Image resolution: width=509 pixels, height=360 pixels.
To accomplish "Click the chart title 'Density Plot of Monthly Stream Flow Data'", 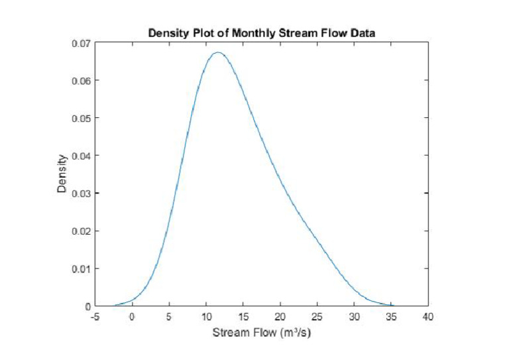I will pyautogui.click(x=261, y=32).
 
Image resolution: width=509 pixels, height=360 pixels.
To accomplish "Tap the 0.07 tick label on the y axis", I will pyautogui.click(x=82, y=43).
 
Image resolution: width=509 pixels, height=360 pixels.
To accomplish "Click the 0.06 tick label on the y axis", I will pyautogui.click(x=82, y=81).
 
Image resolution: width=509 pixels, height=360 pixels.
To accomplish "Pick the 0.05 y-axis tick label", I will pyautogui.click(x=82, y=118).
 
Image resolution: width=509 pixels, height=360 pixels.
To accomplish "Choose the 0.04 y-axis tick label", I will pyautogui.click(x=82, y=156).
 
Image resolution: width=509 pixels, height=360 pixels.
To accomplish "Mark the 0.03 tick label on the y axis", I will pyautogui.click(x=82, y=194).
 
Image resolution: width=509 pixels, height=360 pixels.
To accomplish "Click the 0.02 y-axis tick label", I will pyautogui.click(x=82, y=231).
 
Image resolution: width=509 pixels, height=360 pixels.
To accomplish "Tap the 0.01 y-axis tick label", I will pyautogui.click(x=82, y=269).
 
